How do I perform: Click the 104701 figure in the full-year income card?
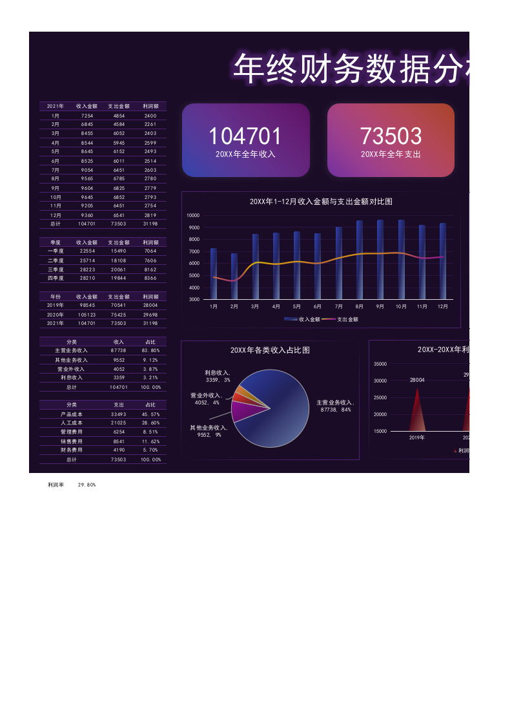tap(245, 136)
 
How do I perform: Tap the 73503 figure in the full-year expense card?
tap(391, 136)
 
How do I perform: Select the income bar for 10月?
tap(402, 260)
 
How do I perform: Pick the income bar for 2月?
tap(234, 276)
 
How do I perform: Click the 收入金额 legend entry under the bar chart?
tap(302, 319)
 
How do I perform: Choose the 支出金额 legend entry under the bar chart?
tap(340, 319)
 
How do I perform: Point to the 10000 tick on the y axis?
tap(193, 215)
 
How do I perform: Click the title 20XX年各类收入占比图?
tap(270, 350)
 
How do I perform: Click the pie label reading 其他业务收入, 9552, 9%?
tap(209, 431)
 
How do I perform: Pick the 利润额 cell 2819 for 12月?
tap(150, 215)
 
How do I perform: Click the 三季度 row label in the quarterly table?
tap(56, 269)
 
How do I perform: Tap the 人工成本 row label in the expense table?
tap(71, 423)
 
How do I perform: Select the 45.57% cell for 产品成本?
tap(150, 414)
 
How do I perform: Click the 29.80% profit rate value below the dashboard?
tap(87, 485)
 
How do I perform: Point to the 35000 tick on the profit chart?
tap(380, 364)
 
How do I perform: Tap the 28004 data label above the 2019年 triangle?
tap(417, 380)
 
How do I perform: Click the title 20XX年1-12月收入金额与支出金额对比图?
tap(321, 202)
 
